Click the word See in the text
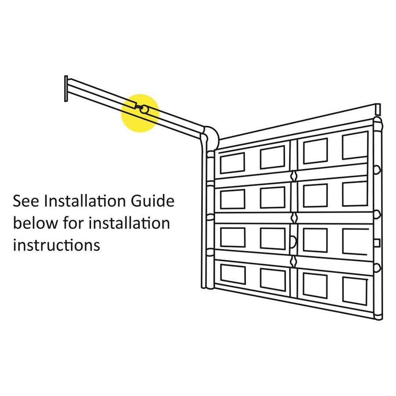click(x=26, y=201)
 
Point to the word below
click(x=35, y=223)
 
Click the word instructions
click(x=57, y=245)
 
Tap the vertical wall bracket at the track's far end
click(x=66, y=88)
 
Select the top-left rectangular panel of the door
click(x=232, y=163)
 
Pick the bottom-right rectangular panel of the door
click(x=355, y=291)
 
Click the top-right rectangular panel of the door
click(x=355, y=146)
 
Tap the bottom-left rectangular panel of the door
click(x=233, y=274)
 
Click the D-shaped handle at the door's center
click(x=294, y=242)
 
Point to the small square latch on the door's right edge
click(x=377, y=243)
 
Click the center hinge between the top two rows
click(x=294, y=176)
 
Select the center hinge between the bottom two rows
click(x=294, y=261)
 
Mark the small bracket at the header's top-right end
click(x=378, y=109)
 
